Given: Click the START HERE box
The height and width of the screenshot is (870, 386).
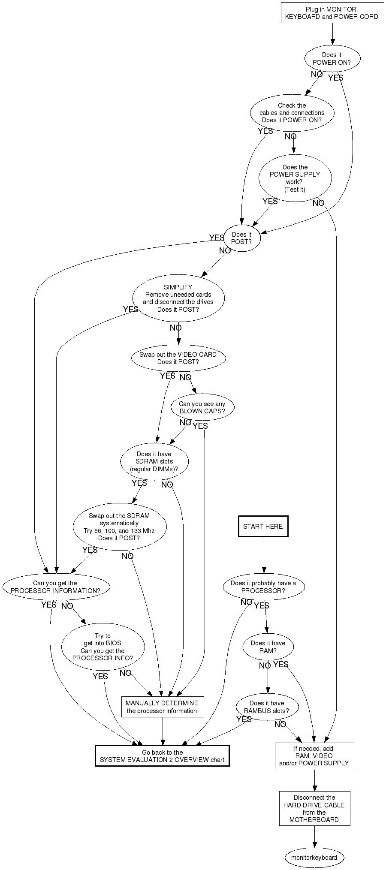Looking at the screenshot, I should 263,526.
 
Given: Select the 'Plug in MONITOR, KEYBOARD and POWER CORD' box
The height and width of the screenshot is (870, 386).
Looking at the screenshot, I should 332,13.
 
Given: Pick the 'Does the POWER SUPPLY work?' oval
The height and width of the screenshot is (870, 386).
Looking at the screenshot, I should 295,178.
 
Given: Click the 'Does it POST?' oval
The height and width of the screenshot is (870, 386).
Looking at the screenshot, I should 241,238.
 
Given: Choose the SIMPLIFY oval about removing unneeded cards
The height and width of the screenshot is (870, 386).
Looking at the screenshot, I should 178,298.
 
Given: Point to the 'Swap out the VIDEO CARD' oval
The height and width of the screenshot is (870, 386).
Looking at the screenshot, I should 178,358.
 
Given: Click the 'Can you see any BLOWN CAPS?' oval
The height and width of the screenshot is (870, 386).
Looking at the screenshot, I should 202,407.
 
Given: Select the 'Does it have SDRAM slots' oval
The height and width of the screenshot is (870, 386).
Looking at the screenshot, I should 154,461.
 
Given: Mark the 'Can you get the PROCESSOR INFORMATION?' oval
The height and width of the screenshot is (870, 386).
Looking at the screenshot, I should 55,587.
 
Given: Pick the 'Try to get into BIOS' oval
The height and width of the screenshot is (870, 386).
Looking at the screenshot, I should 103,647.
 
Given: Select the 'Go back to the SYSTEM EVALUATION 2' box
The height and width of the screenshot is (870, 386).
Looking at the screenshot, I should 162,756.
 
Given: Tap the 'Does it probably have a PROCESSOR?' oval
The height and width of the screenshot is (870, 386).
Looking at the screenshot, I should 263,587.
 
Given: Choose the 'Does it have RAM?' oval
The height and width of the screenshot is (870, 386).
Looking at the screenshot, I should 268,647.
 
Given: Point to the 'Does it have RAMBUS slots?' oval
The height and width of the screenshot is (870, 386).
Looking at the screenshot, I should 267,707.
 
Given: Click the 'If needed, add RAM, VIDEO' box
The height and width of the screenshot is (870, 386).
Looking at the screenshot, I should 314,756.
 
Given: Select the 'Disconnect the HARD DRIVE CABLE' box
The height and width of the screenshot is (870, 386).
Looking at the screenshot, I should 314,808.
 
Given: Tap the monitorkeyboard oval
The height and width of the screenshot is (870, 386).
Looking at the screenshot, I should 314,858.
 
